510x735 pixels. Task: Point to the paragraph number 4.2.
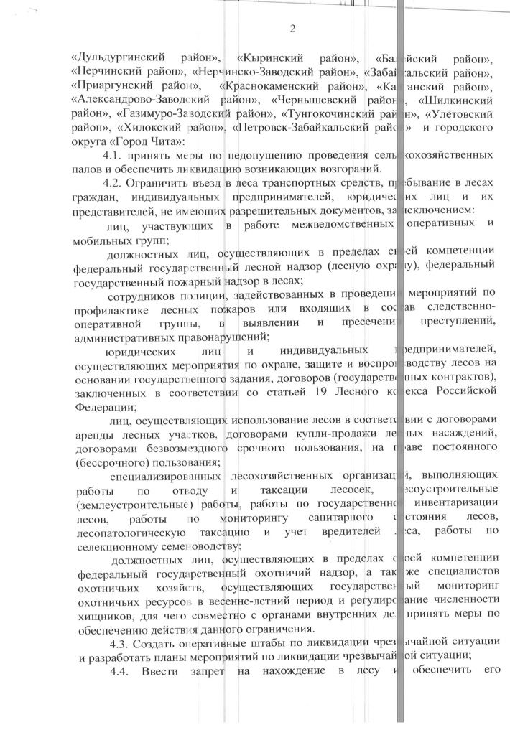pyautogui.click(x=116, y=184)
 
